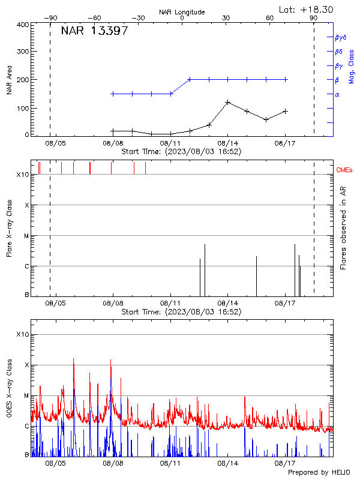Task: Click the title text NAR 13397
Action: click(94, 31)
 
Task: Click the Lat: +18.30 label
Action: click(307, 9)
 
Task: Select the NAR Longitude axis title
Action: click(182, 12)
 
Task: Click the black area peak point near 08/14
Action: click(228, 102)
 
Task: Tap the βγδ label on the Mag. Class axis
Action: click(340, 37)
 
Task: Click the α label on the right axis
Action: click(337, 94)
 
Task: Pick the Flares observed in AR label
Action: click(343, 227)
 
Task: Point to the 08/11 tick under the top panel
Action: click(170, 143)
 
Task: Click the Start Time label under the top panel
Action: click(181, 152)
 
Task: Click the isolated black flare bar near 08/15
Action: click(256, 276)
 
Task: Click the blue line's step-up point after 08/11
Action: click(190, 79)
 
